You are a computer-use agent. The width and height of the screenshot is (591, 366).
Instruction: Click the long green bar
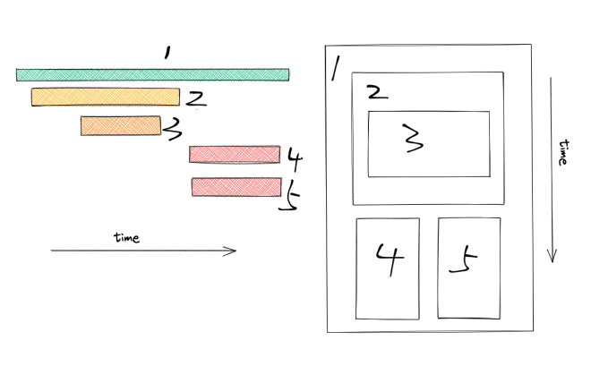(152, 74)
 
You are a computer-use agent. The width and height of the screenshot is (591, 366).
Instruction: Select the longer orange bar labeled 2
(105, 97)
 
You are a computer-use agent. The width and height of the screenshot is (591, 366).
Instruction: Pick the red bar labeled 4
(234, 155)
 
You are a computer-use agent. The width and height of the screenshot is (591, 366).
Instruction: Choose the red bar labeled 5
(236, 187)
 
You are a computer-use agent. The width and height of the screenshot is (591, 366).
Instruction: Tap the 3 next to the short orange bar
(173, 131)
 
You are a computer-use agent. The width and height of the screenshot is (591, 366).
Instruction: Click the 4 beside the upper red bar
(295, 160)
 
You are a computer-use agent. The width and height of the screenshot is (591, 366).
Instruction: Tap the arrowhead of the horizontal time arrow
(233, 251)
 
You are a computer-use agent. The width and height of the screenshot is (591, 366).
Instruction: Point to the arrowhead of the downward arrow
(552, 257)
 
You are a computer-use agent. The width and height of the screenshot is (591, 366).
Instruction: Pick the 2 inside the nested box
(376, 92)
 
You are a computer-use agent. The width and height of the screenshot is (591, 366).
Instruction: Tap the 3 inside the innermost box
(410, 140)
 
